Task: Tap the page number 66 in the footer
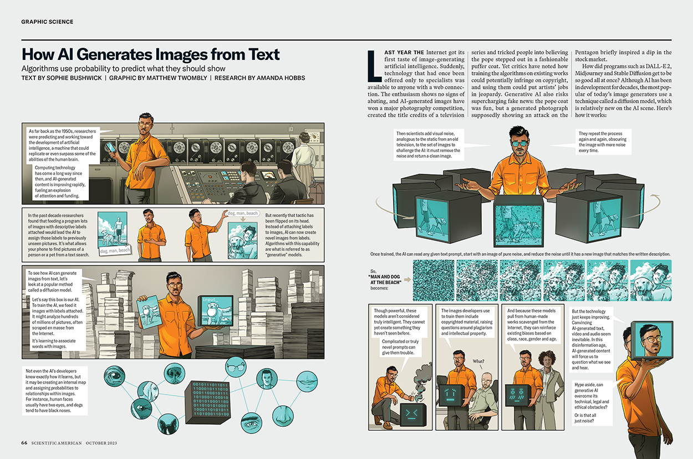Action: point(24,443)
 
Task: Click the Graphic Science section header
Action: point(47,22)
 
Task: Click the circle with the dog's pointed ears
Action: point(168,425)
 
